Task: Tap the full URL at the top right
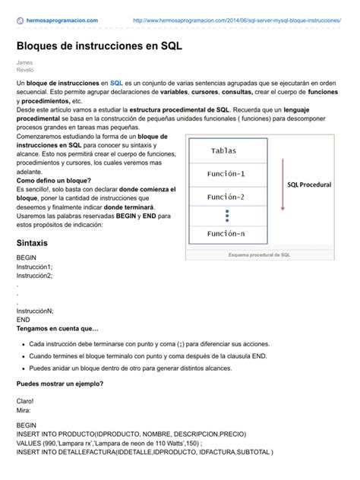coord(236,21)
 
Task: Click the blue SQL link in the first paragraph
coord(116,82)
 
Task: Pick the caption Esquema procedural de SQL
coord(260,255)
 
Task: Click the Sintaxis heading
coord(32,244)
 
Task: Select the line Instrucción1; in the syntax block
coord(34,267)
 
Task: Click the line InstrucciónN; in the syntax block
coord(35,311)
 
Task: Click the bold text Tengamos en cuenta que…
coord(58,328)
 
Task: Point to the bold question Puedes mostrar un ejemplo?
coord(60,383)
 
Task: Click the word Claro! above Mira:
coord(25,401)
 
